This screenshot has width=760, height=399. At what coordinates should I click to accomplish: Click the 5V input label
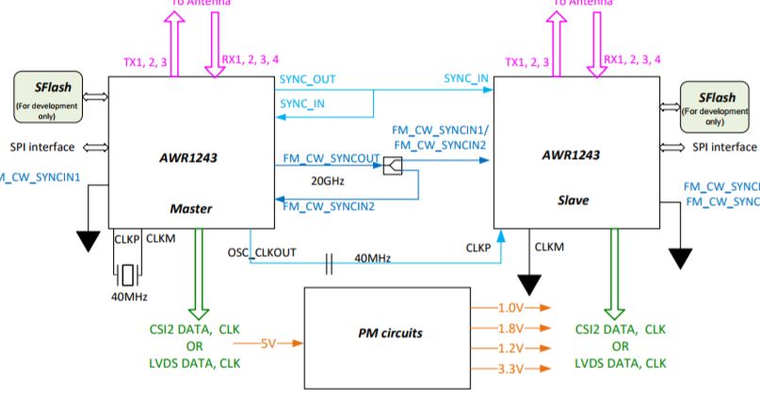[268, 343]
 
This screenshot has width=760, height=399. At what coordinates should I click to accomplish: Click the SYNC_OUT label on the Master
[307, 79]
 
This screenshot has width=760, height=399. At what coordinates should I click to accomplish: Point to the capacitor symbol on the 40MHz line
[329, 263]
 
